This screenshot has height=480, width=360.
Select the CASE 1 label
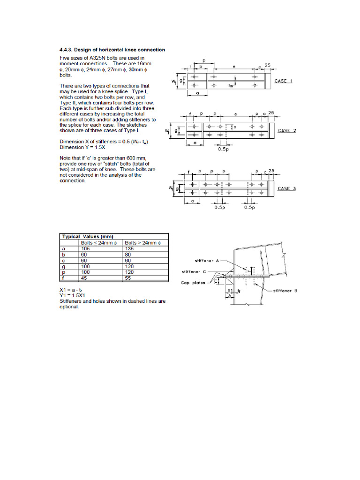[x=283, y=81]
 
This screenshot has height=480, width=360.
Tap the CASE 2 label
[x=287, y=131]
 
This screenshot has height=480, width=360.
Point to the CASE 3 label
[x=287, y=188]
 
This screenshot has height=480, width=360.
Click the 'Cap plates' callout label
[x=193, y=283]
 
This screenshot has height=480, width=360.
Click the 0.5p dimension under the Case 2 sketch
[x=224, y=150]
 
